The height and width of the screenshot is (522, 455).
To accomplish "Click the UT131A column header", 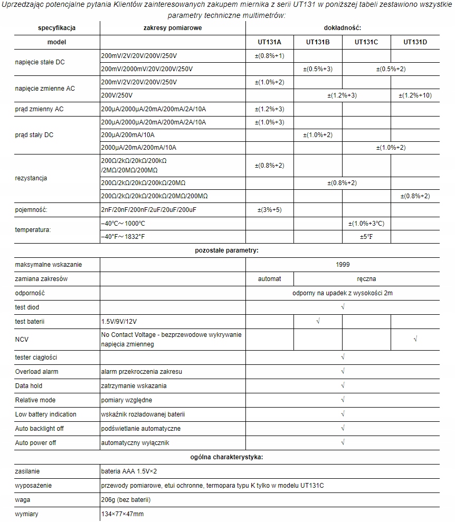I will click(269, 42).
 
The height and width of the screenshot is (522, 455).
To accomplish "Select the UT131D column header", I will click(415, 42).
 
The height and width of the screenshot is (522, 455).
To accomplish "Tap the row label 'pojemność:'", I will click(32, 210).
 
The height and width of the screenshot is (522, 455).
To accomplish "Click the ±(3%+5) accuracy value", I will click(269, 210).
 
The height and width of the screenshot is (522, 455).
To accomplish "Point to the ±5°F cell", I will click(366, 237).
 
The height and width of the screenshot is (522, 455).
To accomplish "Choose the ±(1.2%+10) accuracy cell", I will click(415, 95).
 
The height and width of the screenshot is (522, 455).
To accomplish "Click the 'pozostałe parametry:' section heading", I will click(227, 250).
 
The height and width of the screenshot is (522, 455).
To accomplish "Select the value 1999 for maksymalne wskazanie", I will click(343, 265).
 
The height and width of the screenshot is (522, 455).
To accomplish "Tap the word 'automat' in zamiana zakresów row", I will click(269, 279).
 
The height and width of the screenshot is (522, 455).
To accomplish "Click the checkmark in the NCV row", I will click(416, 339).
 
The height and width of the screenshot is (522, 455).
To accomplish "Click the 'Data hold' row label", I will click(29, 386).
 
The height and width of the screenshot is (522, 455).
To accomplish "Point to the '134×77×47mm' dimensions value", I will click(122, 514).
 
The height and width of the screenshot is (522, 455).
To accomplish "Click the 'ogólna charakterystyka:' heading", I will click(227, 457).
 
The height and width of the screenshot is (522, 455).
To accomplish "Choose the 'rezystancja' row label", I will click(31, 178).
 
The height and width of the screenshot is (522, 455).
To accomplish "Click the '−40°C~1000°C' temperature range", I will click(122, 224).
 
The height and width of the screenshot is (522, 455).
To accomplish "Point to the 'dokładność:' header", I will click(342, 27).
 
